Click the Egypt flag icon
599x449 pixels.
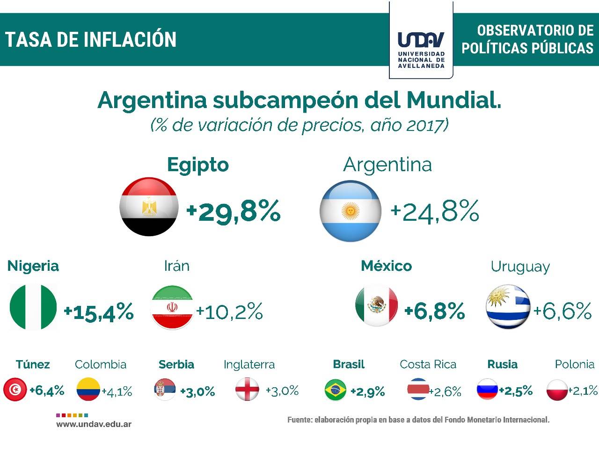[x=149, y=207]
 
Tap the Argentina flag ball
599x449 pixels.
[x=350, y=211]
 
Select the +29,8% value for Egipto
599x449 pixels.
[x=234, y=211]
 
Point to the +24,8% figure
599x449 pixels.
[x=435, y=211]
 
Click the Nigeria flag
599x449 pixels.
[x=33, y=307]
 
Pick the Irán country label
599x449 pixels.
[x=176, y=266]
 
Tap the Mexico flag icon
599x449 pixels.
[x=377, y=305]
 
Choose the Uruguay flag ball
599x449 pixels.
[x=508, y=307]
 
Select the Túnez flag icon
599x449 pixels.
[x=15, y=390]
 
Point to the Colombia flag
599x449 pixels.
[x=88, y=390]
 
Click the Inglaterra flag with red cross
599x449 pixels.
[x=247, y=389]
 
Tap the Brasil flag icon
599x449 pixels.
[x=336, y=391]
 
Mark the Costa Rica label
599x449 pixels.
[x=428, y=364]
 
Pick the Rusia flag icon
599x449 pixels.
[x=487, y=389]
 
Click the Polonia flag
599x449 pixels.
[x=557, y=390]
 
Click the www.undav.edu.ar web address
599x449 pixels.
[x=94, y=424]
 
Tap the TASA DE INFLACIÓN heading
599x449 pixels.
[x=91, y=40]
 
